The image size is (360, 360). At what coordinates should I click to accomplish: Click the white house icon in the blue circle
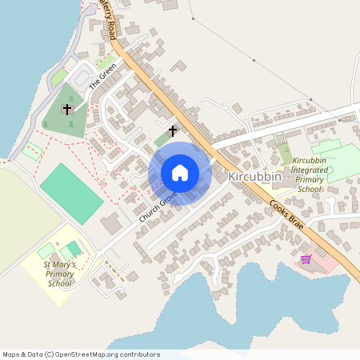tap(180, 173)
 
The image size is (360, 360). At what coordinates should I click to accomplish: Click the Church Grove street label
tap(158, 206)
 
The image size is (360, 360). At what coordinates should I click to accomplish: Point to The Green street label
tap(102, 74)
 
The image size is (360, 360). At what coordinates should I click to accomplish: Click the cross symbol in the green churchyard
tap(67, 109)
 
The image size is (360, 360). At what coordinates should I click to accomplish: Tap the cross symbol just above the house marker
tap(172, 130)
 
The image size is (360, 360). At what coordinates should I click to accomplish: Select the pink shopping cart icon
tap(306, 258)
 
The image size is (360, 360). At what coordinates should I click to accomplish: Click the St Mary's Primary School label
tap(59, 274)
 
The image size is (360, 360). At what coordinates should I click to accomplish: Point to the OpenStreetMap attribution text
tap(81, 354)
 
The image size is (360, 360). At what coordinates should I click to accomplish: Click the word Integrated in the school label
tap(310, 170)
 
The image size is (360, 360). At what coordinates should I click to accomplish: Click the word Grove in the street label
tap(167, 198)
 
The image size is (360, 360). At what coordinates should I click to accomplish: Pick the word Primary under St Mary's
tap(59, 274)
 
